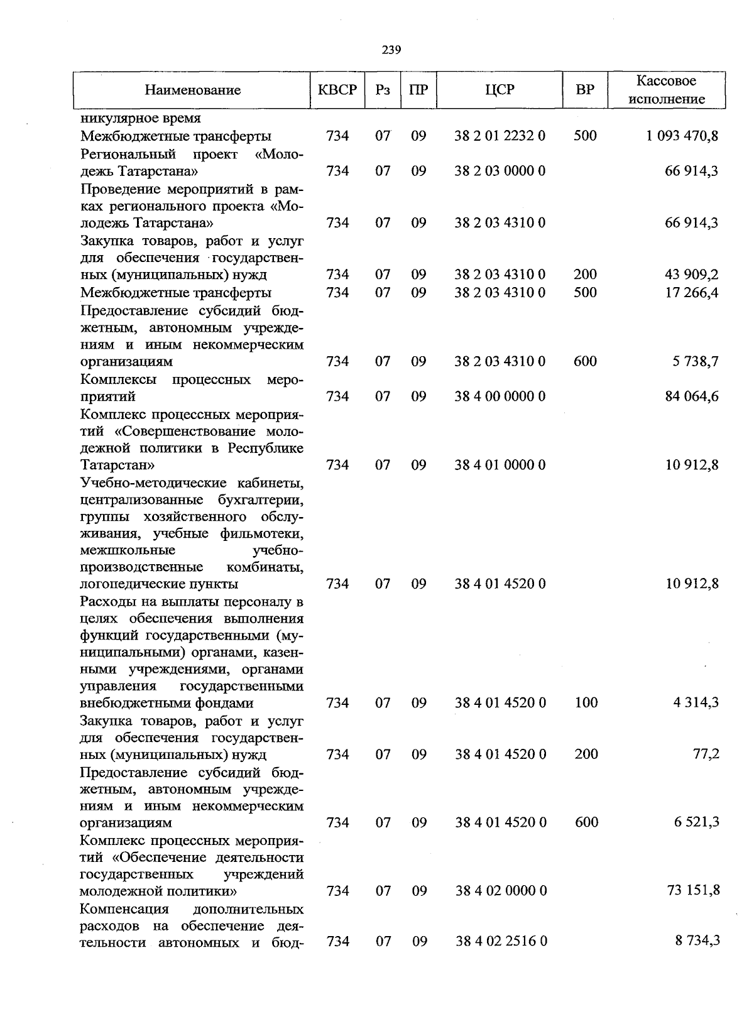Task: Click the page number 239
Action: [391, 50]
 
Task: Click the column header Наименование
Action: [192, 90]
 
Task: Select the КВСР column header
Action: [337, 90]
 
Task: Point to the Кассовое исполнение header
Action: [667, 90]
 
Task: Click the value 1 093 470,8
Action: [682, 136]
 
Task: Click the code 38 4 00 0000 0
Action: [500, 396]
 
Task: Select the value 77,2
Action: [706, 754]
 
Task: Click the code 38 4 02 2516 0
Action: [501, 941]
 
